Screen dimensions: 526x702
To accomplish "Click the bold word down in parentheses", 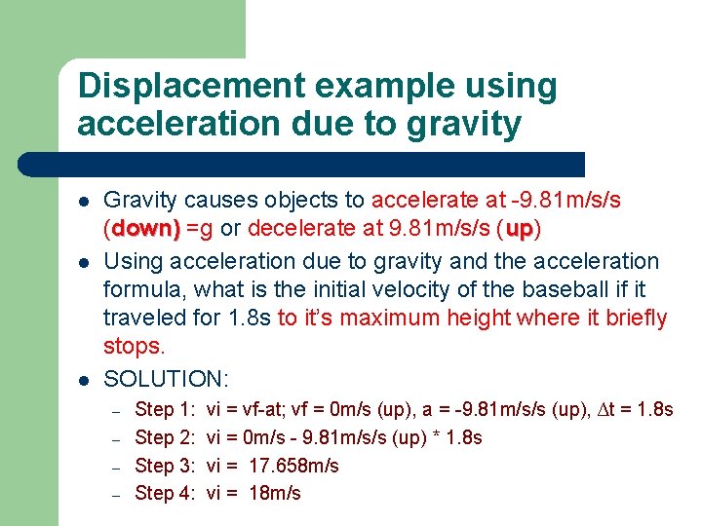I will [x=145, y=230].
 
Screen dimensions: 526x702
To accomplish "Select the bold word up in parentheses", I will [x=519, y=230].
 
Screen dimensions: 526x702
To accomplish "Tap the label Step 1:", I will [x=167, y=409].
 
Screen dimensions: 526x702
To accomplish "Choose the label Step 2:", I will [x=167, y=437].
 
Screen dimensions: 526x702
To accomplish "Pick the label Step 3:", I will [x=167, y=466].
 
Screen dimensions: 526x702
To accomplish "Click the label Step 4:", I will [x=167, y=494].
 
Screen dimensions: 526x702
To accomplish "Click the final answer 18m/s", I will [x=276, y=494].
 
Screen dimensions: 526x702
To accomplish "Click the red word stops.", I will [x=135, y=347].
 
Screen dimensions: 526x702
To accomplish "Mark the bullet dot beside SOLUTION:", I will [x=85, y=378].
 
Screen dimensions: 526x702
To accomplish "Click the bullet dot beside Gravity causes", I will [x=85, y=201].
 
